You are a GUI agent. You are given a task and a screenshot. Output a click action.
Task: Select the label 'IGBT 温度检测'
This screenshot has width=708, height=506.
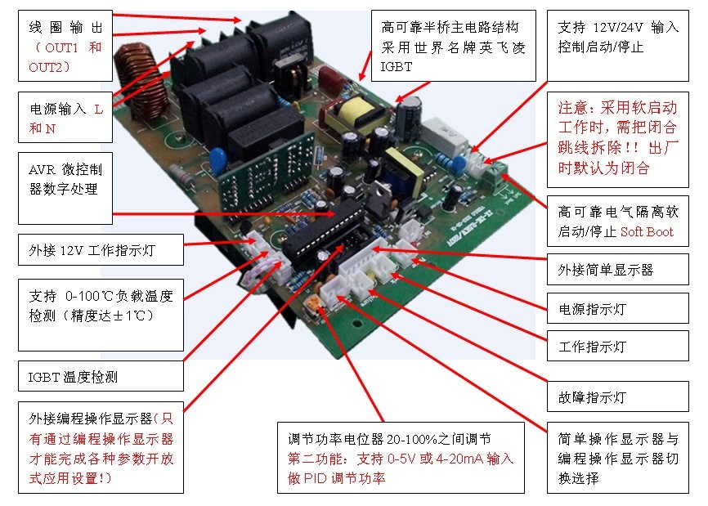(x=73, y=377)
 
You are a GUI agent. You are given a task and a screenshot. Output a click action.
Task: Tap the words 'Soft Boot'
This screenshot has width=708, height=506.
(x=647, y=231)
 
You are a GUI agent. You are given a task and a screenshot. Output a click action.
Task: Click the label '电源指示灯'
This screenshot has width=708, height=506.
(x=592, y=309)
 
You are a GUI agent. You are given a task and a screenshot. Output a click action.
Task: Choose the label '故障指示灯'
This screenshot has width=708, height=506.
(x=592, y=397)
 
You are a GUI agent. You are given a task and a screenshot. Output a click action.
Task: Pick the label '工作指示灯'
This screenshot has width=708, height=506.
(x=592, y=347)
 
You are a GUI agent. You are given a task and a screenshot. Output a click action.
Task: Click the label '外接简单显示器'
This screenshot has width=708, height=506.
(x=606, y=270)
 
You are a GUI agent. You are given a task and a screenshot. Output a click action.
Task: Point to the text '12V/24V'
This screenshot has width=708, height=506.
(x=618, y=28)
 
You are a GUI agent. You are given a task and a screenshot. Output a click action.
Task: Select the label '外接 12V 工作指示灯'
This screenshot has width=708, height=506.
(x=92, y=250)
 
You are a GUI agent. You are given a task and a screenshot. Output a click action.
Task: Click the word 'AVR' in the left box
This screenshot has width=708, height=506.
(x=42, y=170)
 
